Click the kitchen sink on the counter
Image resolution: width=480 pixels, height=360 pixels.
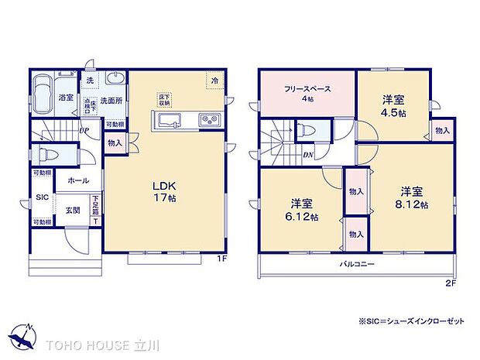click(170, 120)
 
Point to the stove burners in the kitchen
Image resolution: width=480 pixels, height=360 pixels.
click(209, 120)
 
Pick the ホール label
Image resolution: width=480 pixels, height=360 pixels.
click(77, 180)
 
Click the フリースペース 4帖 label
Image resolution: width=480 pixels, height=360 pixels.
click(307, 93)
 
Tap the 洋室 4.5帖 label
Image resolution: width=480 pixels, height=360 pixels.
click(394, 105)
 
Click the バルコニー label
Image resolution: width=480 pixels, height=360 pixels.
click(356, 264)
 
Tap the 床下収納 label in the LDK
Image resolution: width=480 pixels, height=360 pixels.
click(164, 100)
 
